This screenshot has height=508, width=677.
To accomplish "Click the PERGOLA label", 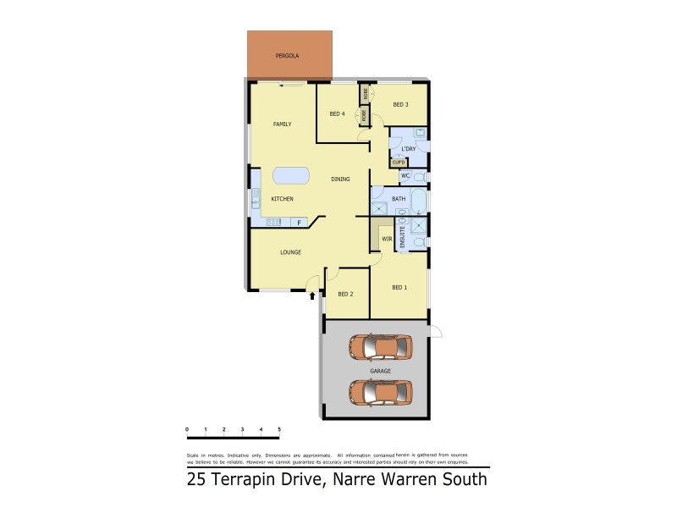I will pos(287,57).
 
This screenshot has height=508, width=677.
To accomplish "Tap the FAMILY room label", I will pos(282,124).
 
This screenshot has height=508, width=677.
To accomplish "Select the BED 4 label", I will pos(337,114).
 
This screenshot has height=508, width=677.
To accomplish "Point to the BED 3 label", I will pos(401,105).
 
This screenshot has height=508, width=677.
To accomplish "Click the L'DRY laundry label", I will pos(408,149).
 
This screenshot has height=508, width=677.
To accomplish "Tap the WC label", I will pos(405,176).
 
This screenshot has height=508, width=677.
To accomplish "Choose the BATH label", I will pos(398,199).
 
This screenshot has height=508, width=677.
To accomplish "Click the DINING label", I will pos(340,179).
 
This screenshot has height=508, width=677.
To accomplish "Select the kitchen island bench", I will pos(290,176).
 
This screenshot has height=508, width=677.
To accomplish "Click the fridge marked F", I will pos(299,223).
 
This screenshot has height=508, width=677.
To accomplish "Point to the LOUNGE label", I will pos(291,252).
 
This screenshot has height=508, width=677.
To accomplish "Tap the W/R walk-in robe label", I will pos(386,239).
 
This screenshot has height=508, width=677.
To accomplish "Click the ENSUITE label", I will pos(402,234).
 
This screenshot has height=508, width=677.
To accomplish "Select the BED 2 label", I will pos(345,294).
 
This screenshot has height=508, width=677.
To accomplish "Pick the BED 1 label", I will pos(399,288).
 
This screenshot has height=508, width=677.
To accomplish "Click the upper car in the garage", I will pos(380,346).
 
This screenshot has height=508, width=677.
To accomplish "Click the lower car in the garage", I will pos(380,392).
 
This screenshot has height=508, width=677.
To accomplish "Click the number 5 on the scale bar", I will pos(279,430).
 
